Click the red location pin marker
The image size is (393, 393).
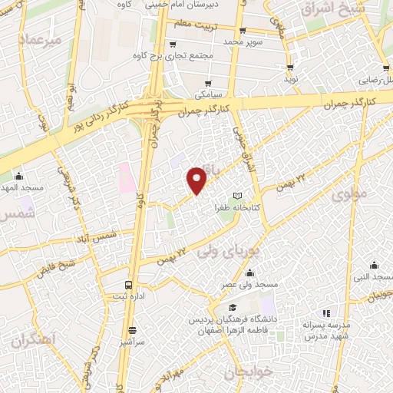tap(197, 179)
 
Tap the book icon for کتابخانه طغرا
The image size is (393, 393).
tap(237, 196)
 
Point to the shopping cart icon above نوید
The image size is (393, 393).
tap(291, 67)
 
